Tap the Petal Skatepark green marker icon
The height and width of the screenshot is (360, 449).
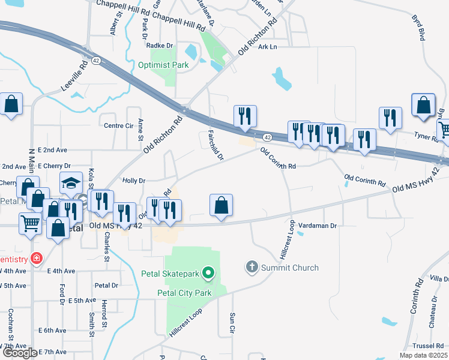[208, 274]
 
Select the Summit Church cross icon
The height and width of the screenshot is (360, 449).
[252, 266]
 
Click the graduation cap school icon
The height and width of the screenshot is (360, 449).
[71, 182]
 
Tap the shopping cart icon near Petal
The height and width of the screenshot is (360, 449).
[31, 223]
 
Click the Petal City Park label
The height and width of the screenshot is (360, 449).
[184, 293]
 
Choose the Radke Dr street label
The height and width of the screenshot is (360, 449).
[159, 45]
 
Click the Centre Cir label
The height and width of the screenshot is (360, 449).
[118, 126]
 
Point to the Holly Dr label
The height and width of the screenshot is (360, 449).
[134, 180]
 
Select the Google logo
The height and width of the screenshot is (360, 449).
[19, 353]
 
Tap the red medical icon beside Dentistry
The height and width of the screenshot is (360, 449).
[37, 259]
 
